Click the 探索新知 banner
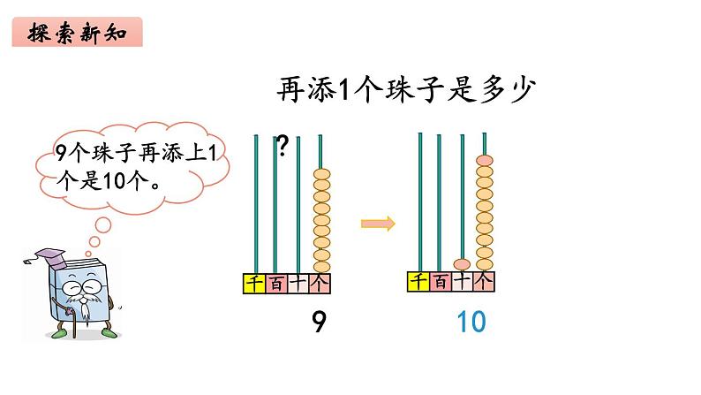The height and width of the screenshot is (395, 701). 78,33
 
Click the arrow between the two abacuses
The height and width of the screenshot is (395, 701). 377,224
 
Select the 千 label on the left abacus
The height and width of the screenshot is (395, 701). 253,283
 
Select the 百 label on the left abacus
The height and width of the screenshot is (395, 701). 275,283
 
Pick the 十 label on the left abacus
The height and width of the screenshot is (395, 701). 298,283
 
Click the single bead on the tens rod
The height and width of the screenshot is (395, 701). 462,263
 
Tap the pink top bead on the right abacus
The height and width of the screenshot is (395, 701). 484,161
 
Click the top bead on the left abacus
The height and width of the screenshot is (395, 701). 321,173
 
